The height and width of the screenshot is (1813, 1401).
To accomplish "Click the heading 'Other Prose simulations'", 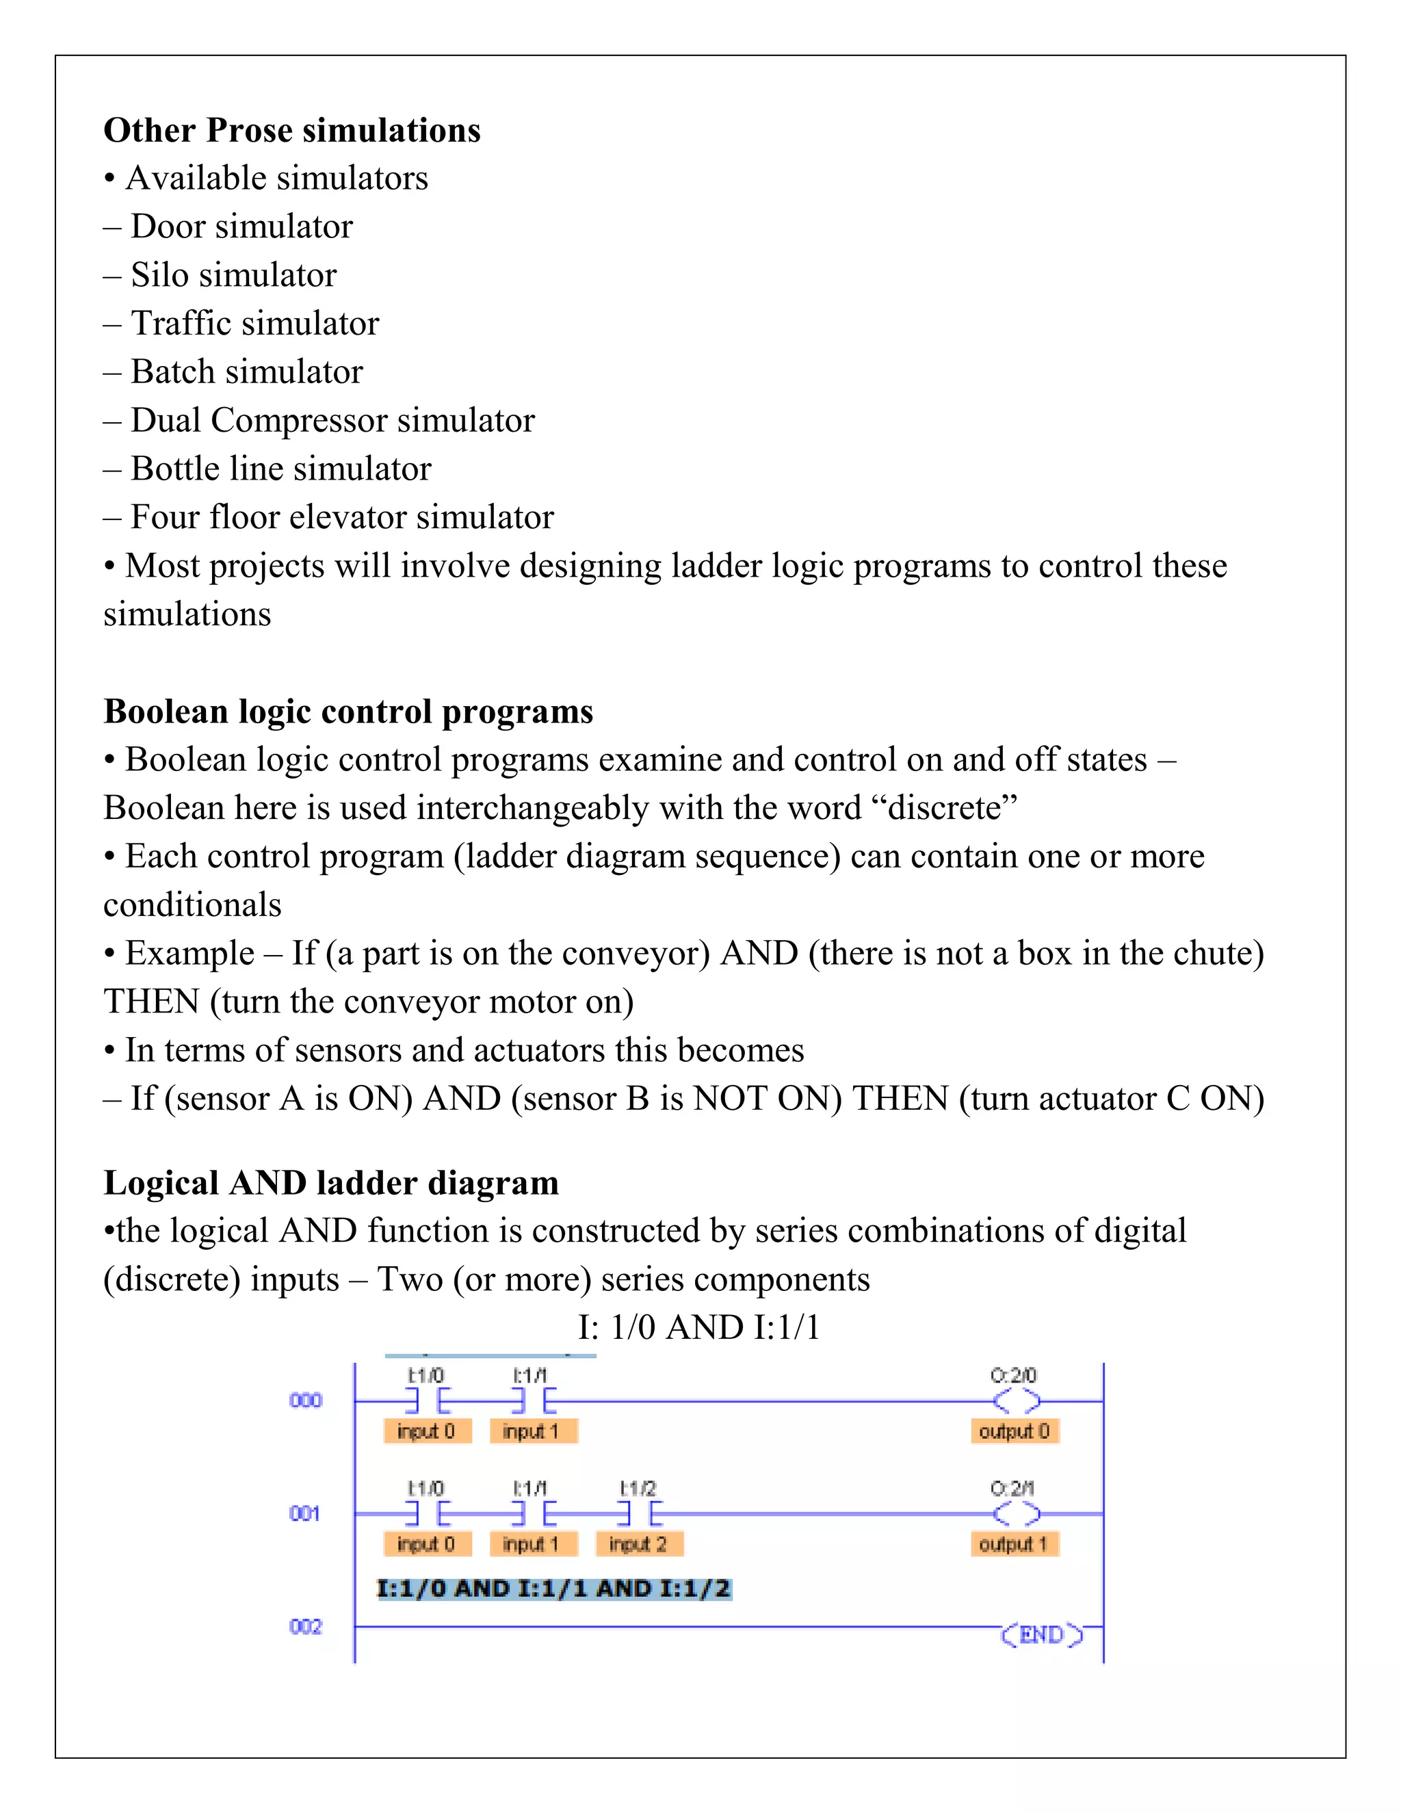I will [291, 130].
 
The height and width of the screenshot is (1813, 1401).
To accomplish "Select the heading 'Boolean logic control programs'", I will [348, 712].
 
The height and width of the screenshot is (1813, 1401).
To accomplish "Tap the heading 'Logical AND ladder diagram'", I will [330, 1182].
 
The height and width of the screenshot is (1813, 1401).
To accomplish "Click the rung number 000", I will [305, 1400].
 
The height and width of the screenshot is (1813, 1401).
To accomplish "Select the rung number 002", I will [305, 1626].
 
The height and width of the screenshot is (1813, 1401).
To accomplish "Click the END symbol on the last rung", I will [1042, 1634].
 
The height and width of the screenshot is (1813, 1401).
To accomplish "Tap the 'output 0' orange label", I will [1014, 1431].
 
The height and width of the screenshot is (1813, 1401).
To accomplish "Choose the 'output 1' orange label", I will [1014, 1544].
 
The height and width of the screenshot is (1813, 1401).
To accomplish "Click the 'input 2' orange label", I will [638, 1544].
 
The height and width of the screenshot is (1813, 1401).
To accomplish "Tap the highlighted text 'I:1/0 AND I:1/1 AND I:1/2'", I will [553, 1588].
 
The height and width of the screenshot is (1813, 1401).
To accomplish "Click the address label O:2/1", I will [1012, 1489].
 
